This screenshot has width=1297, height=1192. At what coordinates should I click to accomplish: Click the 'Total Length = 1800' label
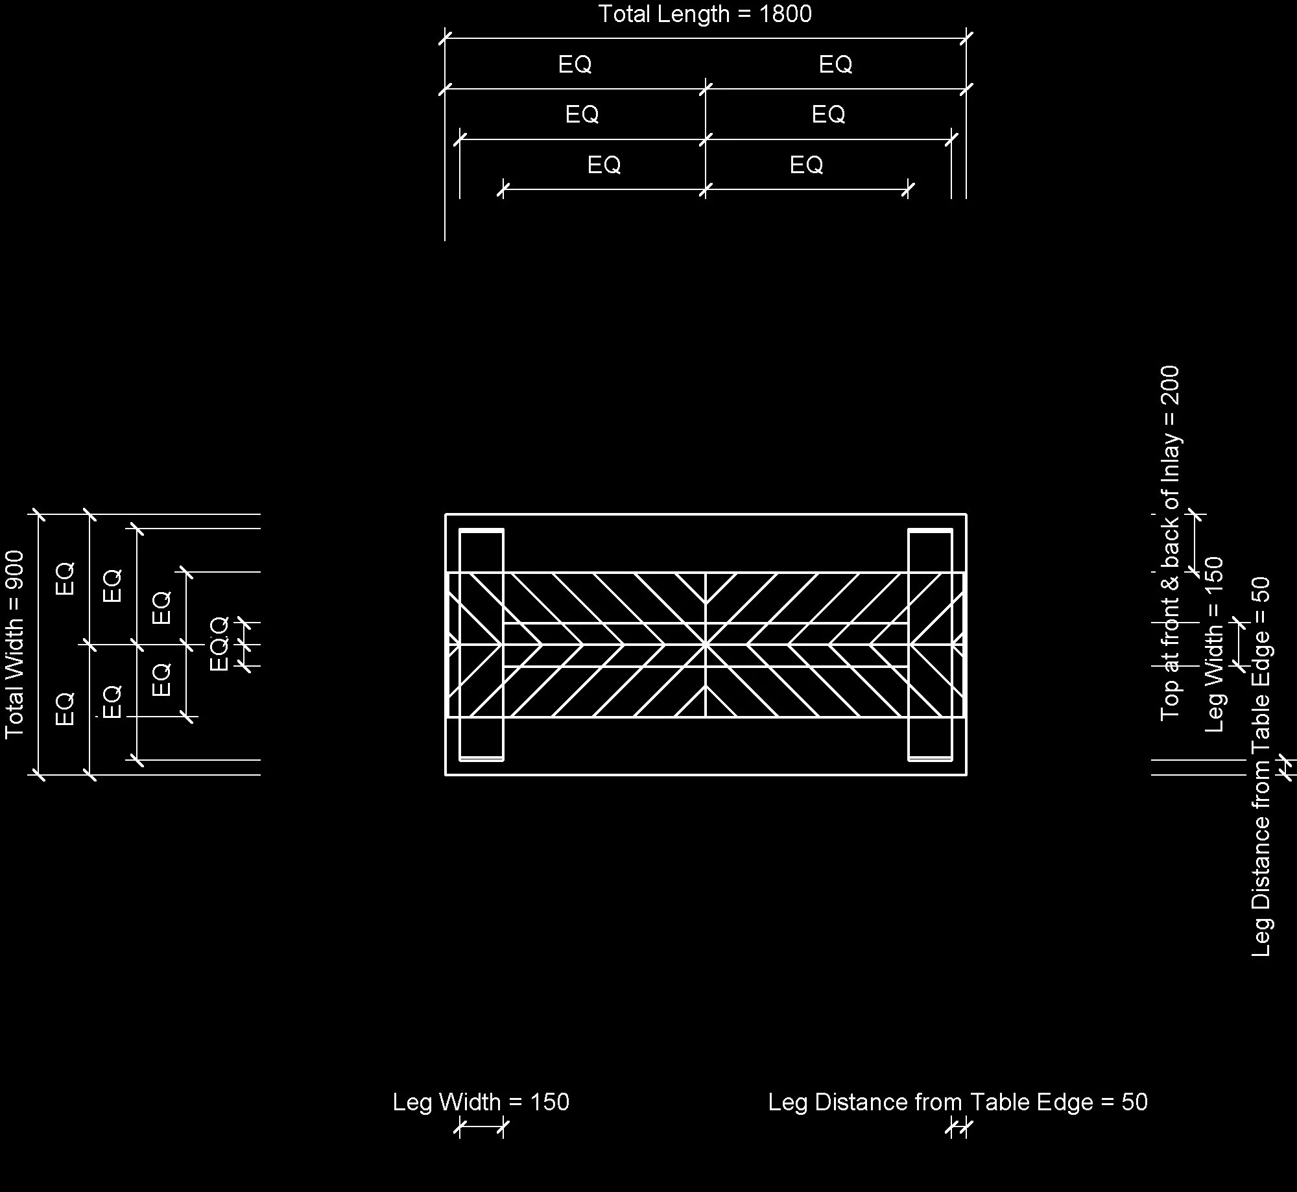pyautogui.click(x=704, y=14)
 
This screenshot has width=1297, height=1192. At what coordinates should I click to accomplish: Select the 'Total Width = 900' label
pyautogui.click(x=14, y=644)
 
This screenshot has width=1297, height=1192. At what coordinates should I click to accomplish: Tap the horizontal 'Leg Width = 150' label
pyautogui.click(x=481, y=1102)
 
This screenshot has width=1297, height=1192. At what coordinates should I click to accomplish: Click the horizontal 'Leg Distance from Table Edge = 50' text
pyautogui.click(x=957, y=1102)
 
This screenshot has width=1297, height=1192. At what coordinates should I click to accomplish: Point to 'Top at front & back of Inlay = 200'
pyautogui.click(x=1170, y=543)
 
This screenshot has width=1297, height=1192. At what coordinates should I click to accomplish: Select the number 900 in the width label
pyautogui.click(x=14, y=569)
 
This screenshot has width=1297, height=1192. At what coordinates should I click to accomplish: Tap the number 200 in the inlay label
pyautogui.click(x=1170, y=385)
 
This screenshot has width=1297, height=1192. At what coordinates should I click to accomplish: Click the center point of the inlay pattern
pyautogui.click(x=706, y=645)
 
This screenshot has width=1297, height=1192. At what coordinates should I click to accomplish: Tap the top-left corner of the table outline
pyautogui.click(x=446, y=515)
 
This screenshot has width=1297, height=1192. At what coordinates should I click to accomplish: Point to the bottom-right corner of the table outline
pyautogui.click(x=966, y=774)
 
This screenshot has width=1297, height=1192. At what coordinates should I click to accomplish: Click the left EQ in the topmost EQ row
pyautogui.click(x=575, y=64)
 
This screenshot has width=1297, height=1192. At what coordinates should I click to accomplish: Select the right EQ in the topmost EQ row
pyautogui.click(x=835, y=64)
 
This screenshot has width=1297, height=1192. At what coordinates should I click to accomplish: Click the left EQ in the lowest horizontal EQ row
pyautogui.click(x=604, y=165)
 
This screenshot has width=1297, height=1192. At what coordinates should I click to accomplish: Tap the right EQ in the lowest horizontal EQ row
pyautogui.click(x=806, y=165)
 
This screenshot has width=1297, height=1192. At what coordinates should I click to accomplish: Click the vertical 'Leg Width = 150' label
pyautogui.click(x=1213, y=644)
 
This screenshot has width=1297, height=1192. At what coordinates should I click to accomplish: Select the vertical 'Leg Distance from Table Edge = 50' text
pyautogui.click(x=1261, y=766)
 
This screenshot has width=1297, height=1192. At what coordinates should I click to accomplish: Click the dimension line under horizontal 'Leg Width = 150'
pyautogui.click(x=481, y=1127)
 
